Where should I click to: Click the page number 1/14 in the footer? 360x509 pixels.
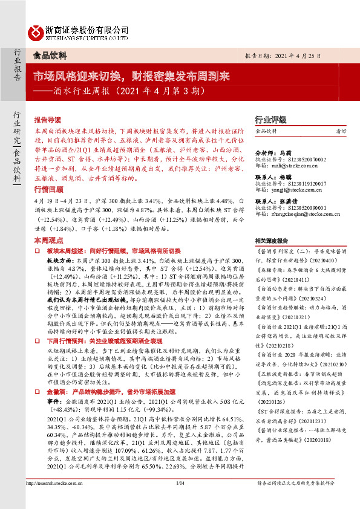(x=179, y=499)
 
